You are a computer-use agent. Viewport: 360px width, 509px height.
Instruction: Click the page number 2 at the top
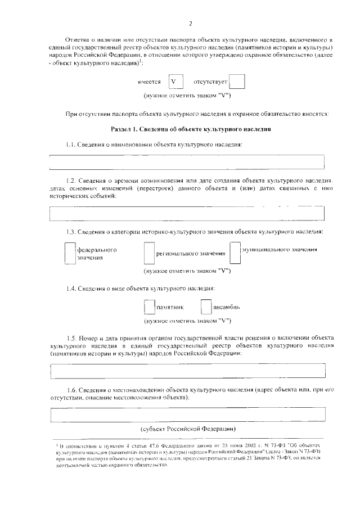pyautogui.click(x=191, y=24)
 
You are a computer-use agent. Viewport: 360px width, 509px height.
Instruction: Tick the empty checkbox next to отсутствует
pyautogui.click(x=237, y=82)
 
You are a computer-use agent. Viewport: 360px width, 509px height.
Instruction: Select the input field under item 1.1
pyautogui.click(x=187, y=161)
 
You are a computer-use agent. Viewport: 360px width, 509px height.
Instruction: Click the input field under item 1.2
pyautogui.click(x=187, y=214)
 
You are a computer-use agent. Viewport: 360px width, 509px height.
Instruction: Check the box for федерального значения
pyautogui.click(x=70, y=253)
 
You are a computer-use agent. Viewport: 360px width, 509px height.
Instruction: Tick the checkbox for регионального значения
pyautogui.click(x=148, y=253)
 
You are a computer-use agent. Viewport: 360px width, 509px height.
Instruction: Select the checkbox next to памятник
pyautogui.click(x=148, y=307)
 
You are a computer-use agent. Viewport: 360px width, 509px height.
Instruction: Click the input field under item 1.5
pyautogui.click(x=187, y=371)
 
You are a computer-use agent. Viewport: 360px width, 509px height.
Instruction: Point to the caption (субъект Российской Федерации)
pyautogui.click(x=191, y=429)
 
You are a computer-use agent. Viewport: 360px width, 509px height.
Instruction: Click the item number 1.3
pyautogui.click(x=71, y=232)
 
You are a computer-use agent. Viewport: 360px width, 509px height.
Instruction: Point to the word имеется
pyautogui.click(x=149, y=82)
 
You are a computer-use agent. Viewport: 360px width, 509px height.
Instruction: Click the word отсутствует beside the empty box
pyautogui.click(x=211, y=82)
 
